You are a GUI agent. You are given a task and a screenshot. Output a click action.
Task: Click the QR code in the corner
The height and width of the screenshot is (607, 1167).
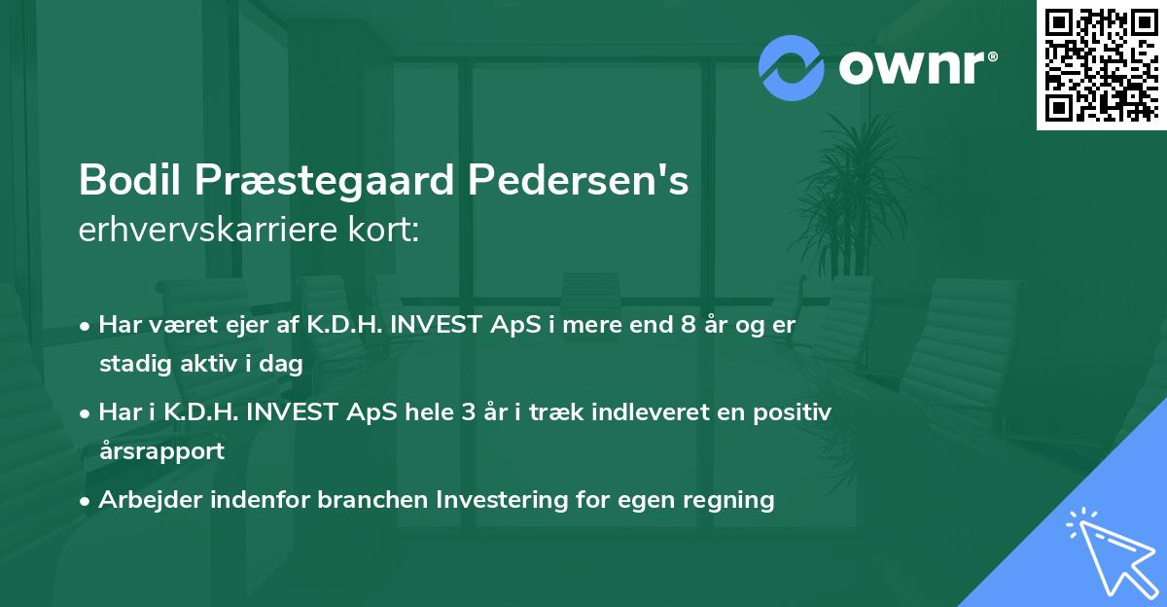pos(1101,64)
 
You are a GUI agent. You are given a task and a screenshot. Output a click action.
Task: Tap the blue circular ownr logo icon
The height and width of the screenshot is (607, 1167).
pos(791,67)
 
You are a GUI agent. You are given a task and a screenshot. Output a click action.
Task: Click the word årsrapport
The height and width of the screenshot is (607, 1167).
pos(161,451)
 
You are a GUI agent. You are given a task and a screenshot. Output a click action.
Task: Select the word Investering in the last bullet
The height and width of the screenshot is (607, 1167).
pos(496,501)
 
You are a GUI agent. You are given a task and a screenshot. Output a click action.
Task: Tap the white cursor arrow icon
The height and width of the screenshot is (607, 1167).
pos(1112,553)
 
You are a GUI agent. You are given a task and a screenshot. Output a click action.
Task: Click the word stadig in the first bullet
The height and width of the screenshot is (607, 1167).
pos(131,365)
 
